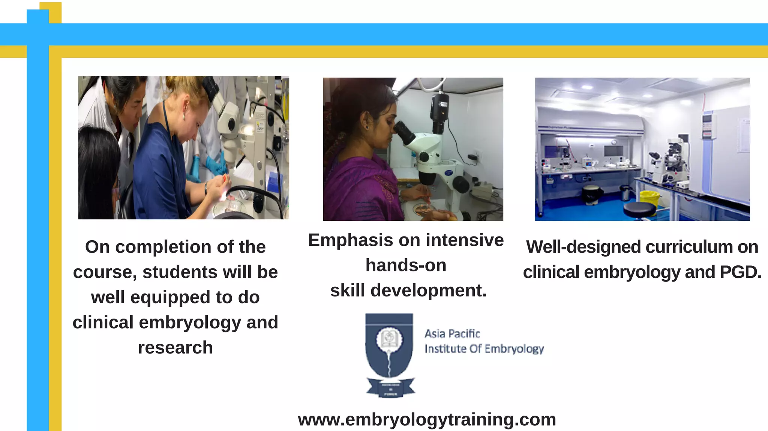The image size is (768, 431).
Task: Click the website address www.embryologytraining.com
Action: tap(427, 419)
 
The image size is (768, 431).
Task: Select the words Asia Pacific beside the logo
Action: tap(452, 334)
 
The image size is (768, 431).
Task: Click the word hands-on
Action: tap(406, 265)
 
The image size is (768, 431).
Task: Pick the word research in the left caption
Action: tap(175, 348)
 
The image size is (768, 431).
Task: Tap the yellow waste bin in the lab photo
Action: tap(649, 198)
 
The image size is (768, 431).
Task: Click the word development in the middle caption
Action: tap(428, 290)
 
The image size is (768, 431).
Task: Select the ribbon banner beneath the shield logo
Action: tap(390, 388)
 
